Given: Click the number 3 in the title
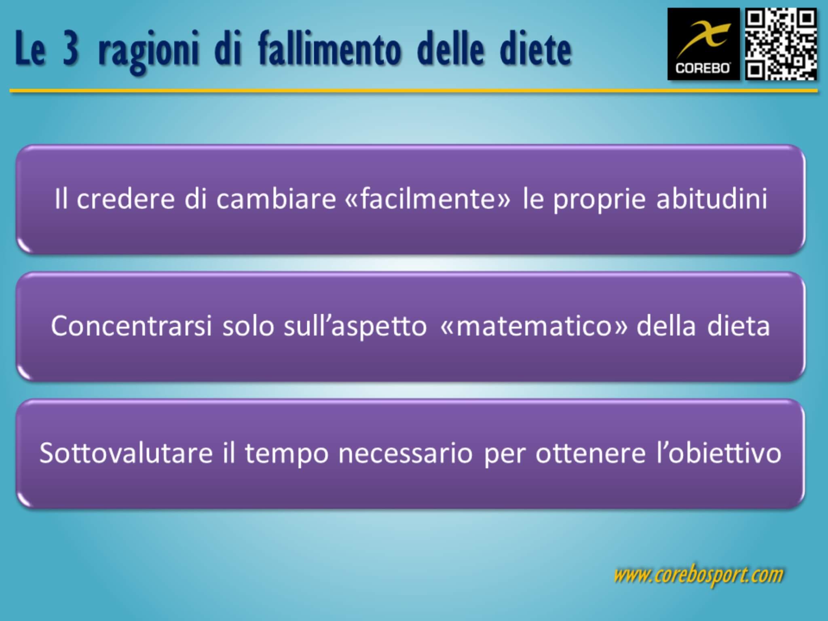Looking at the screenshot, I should [x=71, y=51].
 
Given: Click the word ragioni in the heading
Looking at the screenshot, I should [x=148, y=53].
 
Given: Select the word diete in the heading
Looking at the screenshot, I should [x=535, y=51].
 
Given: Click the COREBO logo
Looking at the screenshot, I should [x=703, y=44].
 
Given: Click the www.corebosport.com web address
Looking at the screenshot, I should [x=698, y=575].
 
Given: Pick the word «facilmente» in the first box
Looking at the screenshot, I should [x=428, y=199].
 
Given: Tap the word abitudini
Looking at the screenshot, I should [x=712, y=199].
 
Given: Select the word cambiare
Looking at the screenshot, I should [x=276, y=199].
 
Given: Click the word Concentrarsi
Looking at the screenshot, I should [x=131, y=326].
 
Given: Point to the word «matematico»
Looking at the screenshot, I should [x=534, y=326].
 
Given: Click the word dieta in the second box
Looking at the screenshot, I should [x=738, y=326].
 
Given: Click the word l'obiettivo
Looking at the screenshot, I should [x=718, y=453].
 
